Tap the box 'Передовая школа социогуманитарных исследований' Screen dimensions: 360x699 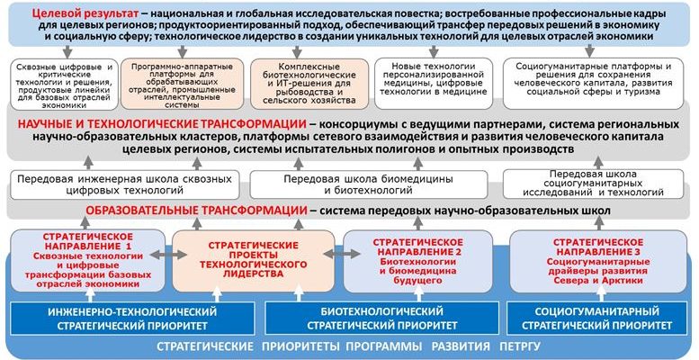pos(595,184)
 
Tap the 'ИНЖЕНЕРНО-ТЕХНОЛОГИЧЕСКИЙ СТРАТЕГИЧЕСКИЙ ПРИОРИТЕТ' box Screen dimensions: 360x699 pos(132,318)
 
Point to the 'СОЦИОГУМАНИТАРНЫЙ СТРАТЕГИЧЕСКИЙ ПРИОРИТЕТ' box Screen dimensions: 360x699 pos(596,318)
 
